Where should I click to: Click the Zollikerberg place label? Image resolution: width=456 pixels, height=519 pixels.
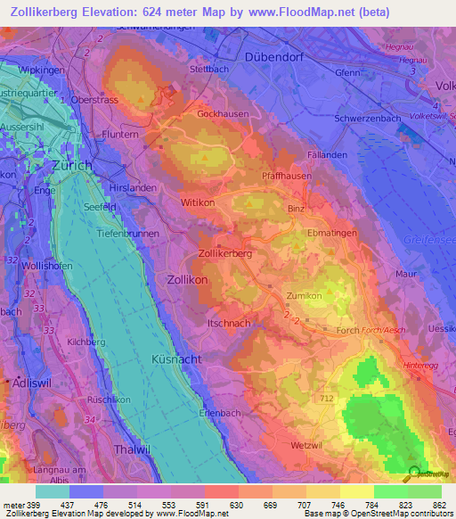(225, 253)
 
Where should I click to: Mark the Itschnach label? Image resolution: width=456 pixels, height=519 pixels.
(229, 322)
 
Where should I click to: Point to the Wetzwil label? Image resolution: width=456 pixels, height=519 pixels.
(305, 444)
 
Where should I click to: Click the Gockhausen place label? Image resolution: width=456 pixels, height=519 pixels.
(221, 114)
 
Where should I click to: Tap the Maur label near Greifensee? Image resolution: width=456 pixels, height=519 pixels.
(405, 274)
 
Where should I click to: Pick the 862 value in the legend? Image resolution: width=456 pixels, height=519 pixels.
(438, 506)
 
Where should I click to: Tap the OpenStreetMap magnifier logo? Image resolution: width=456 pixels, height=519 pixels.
(412, 473)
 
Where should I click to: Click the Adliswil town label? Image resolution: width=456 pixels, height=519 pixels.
(28, 381)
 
